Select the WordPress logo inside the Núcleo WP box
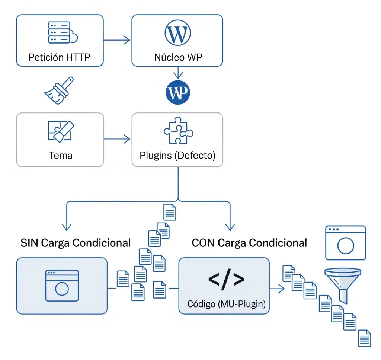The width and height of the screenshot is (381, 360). click(x=177, y=33)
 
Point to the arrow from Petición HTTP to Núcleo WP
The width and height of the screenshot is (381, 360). click(x=117, y=40)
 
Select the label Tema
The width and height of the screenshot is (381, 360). click(x=60, y=155)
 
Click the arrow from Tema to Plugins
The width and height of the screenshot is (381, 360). click(x=117, y=139)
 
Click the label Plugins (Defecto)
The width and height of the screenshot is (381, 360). click(x=177, y=155)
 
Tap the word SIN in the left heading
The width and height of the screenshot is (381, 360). click(x=29, y=243)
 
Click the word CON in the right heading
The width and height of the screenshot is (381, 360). click(x=203, y=243)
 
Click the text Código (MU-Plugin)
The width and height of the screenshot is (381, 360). click(x=227, y=304)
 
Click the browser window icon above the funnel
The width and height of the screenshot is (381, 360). click(x=345, y=242)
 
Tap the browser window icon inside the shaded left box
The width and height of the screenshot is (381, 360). click(x=62, y=285)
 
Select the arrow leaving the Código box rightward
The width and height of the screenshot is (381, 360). click(x=275, y=288)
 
